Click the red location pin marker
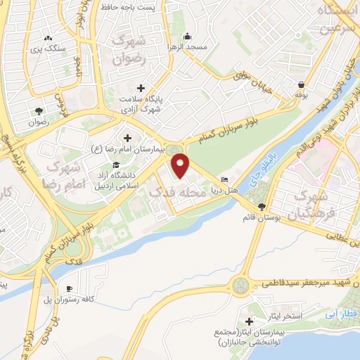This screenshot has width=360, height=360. tap(181, 166)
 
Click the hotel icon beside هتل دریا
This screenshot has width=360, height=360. tap(224, 179)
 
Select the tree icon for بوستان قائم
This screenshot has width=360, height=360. tap(262, 206)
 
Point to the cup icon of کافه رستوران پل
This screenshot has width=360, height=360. tap(70, 289)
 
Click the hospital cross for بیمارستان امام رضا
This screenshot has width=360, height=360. tap(127, 137)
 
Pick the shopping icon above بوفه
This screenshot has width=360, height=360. tap(301, 84)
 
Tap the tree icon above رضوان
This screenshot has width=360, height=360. tap(39, 110)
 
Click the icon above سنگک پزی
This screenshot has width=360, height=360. tap(48, 39)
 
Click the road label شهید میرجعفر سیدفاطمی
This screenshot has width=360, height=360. tap(304, 283)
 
